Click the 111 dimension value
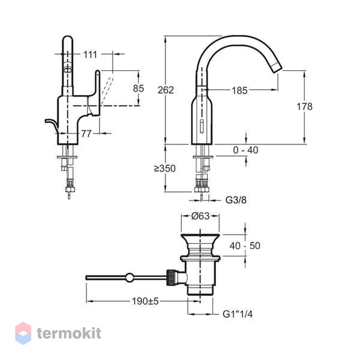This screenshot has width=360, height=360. [x=90, y=55]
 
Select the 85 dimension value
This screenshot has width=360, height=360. [x=139, y=88]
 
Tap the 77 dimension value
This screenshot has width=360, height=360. [x=86, y=134]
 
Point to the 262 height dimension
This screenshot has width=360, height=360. [x=166, y=90]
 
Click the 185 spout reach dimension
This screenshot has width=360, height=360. [x=239, y=91]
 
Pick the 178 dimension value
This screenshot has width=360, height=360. [x=304, y=107]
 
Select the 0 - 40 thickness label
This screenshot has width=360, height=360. [x=245, y=150]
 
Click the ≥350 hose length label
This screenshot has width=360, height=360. [x=165, y=168]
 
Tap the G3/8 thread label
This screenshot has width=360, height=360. [x=236, y=200]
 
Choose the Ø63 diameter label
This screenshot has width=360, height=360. [x=200, y=216]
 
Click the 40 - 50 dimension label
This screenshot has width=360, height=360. [x=245, y=246]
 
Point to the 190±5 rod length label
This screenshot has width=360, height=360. [x=145, y=301]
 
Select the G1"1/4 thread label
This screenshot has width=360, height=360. [x=238, y=314]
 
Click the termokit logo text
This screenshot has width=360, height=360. [x=69, y=333]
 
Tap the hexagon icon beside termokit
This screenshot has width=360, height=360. [x=23, y=333]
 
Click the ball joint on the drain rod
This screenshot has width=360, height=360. [x=130, y=278]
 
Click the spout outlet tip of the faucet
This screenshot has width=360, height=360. [x=277, y=66]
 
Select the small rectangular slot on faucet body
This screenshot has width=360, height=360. [x=202, y=126]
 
